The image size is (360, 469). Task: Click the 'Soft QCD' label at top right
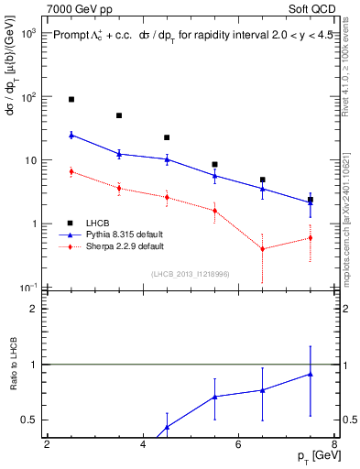pos(311,7)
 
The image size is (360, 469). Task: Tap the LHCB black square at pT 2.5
pos(71,99)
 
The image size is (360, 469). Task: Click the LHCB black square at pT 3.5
pos(119,115)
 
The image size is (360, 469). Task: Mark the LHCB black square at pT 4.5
pos(167,137)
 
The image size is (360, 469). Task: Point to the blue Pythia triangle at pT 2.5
pos(71,135)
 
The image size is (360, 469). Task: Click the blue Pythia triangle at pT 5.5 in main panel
pos(214,175)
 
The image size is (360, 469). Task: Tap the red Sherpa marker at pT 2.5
pos(71,171)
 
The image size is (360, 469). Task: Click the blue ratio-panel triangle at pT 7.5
pos(311,374)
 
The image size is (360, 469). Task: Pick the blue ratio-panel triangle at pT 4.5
pos(167,427)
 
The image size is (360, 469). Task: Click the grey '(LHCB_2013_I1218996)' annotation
pos(190,274)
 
